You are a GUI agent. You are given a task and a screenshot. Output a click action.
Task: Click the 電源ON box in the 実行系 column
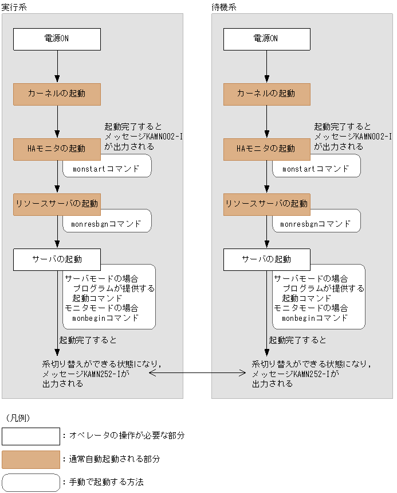pos(57,39)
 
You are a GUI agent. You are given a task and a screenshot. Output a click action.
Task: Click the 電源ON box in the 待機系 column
pos(266,39)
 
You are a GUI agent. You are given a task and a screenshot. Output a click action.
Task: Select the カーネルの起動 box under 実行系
pos(57,94)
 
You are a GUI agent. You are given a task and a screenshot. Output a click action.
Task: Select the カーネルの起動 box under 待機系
pos(266,94)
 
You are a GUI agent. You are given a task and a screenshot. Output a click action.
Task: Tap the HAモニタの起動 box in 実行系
pos(57,149)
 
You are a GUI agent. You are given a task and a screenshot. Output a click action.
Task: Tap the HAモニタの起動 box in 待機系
pos(266,149)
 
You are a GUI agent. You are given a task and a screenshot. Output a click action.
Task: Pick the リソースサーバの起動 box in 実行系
pos(57,204)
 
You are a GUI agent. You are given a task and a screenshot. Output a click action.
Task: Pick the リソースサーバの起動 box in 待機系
pos(266,204)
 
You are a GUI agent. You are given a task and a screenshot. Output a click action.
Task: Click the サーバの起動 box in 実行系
pos(57,259)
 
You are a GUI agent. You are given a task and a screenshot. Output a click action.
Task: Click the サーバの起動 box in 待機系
pos(266,259)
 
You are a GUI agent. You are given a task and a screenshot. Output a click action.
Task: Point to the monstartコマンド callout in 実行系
pos(107,169)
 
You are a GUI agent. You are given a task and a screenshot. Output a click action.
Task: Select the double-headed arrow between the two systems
pos(198,373)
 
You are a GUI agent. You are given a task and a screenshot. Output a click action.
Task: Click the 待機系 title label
pos(224,7)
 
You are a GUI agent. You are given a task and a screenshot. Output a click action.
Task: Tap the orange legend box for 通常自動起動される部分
pos(31,459)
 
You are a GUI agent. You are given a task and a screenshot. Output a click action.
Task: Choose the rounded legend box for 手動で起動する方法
pos(31,482)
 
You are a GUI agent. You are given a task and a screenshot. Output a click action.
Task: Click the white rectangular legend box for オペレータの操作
pos(31,436)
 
